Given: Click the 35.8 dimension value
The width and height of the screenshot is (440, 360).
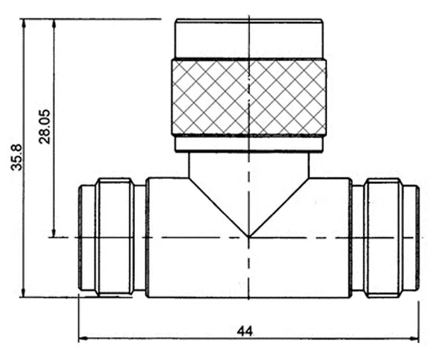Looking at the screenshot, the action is point(16,157).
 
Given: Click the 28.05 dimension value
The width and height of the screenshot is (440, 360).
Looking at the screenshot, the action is point(44,126).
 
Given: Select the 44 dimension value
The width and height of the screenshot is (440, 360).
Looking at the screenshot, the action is point(245,331).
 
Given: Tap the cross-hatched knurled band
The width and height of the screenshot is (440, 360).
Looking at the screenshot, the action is point(249,97).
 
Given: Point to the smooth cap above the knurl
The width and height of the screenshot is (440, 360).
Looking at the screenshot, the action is point(249,39).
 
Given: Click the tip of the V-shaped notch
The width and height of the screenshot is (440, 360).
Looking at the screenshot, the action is point(249,237).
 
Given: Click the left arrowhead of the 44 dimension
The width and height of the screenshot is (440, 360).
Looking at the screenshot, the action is point(82,339).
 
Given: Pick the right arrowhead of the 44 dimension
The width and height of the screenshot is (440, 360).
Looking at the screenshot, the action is point(414,339).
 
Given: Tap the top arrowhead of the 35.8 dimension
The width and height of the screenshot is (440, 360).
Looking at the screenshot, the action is point(24,23).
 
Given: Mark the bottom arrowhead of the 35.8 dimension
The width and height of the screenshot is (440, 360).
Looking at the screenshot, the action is point(24,293).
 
